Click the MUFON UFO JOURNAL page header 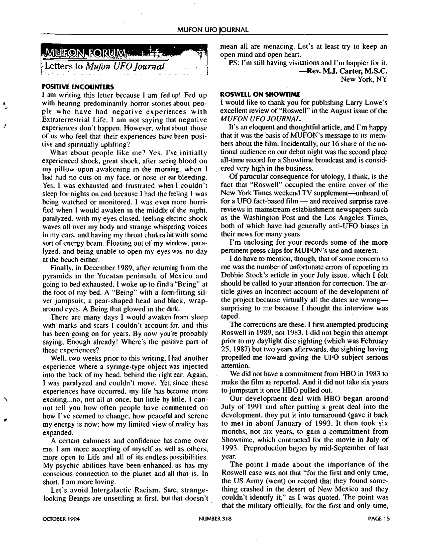click(x=213, y=30)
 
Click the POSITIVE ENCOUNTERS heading click(x=78, y=87)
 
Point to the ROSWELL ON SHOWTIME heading click(x=260, y=94)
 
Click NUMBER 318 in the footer click(x=215, y=519)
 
